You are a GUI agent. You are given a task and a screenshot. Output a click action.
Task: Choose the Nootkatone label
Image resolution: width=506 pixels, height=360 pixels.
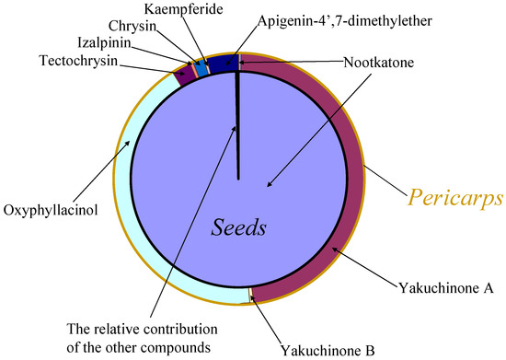(x=378, y=62)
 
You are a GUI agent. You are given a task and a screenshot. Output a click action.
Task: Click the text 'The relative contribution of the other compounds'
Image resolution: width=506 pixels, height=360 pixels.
(x=136, y=335)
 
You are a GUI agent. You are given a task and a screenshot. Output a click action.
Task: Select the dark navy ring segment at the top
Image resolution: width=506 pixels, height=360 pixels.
(x=222, y=64)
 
